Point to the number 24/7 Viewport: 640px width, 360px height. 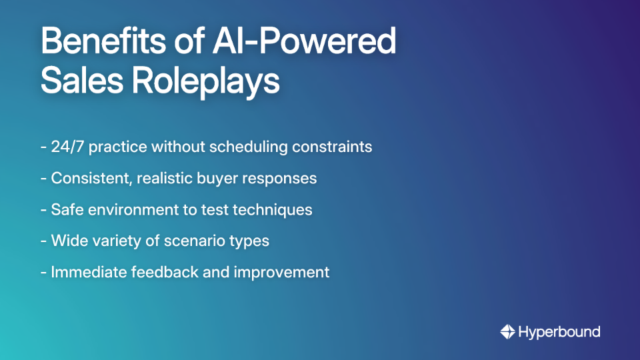[67, 147]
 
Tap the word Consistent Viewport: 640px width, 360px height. [90, 179]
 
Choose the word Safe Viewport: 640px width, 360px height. [65, 209]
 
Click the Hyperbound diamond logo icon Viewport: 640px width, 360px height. [507, 331]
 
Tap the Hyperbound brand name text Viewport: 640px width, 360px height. [559, 331]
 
